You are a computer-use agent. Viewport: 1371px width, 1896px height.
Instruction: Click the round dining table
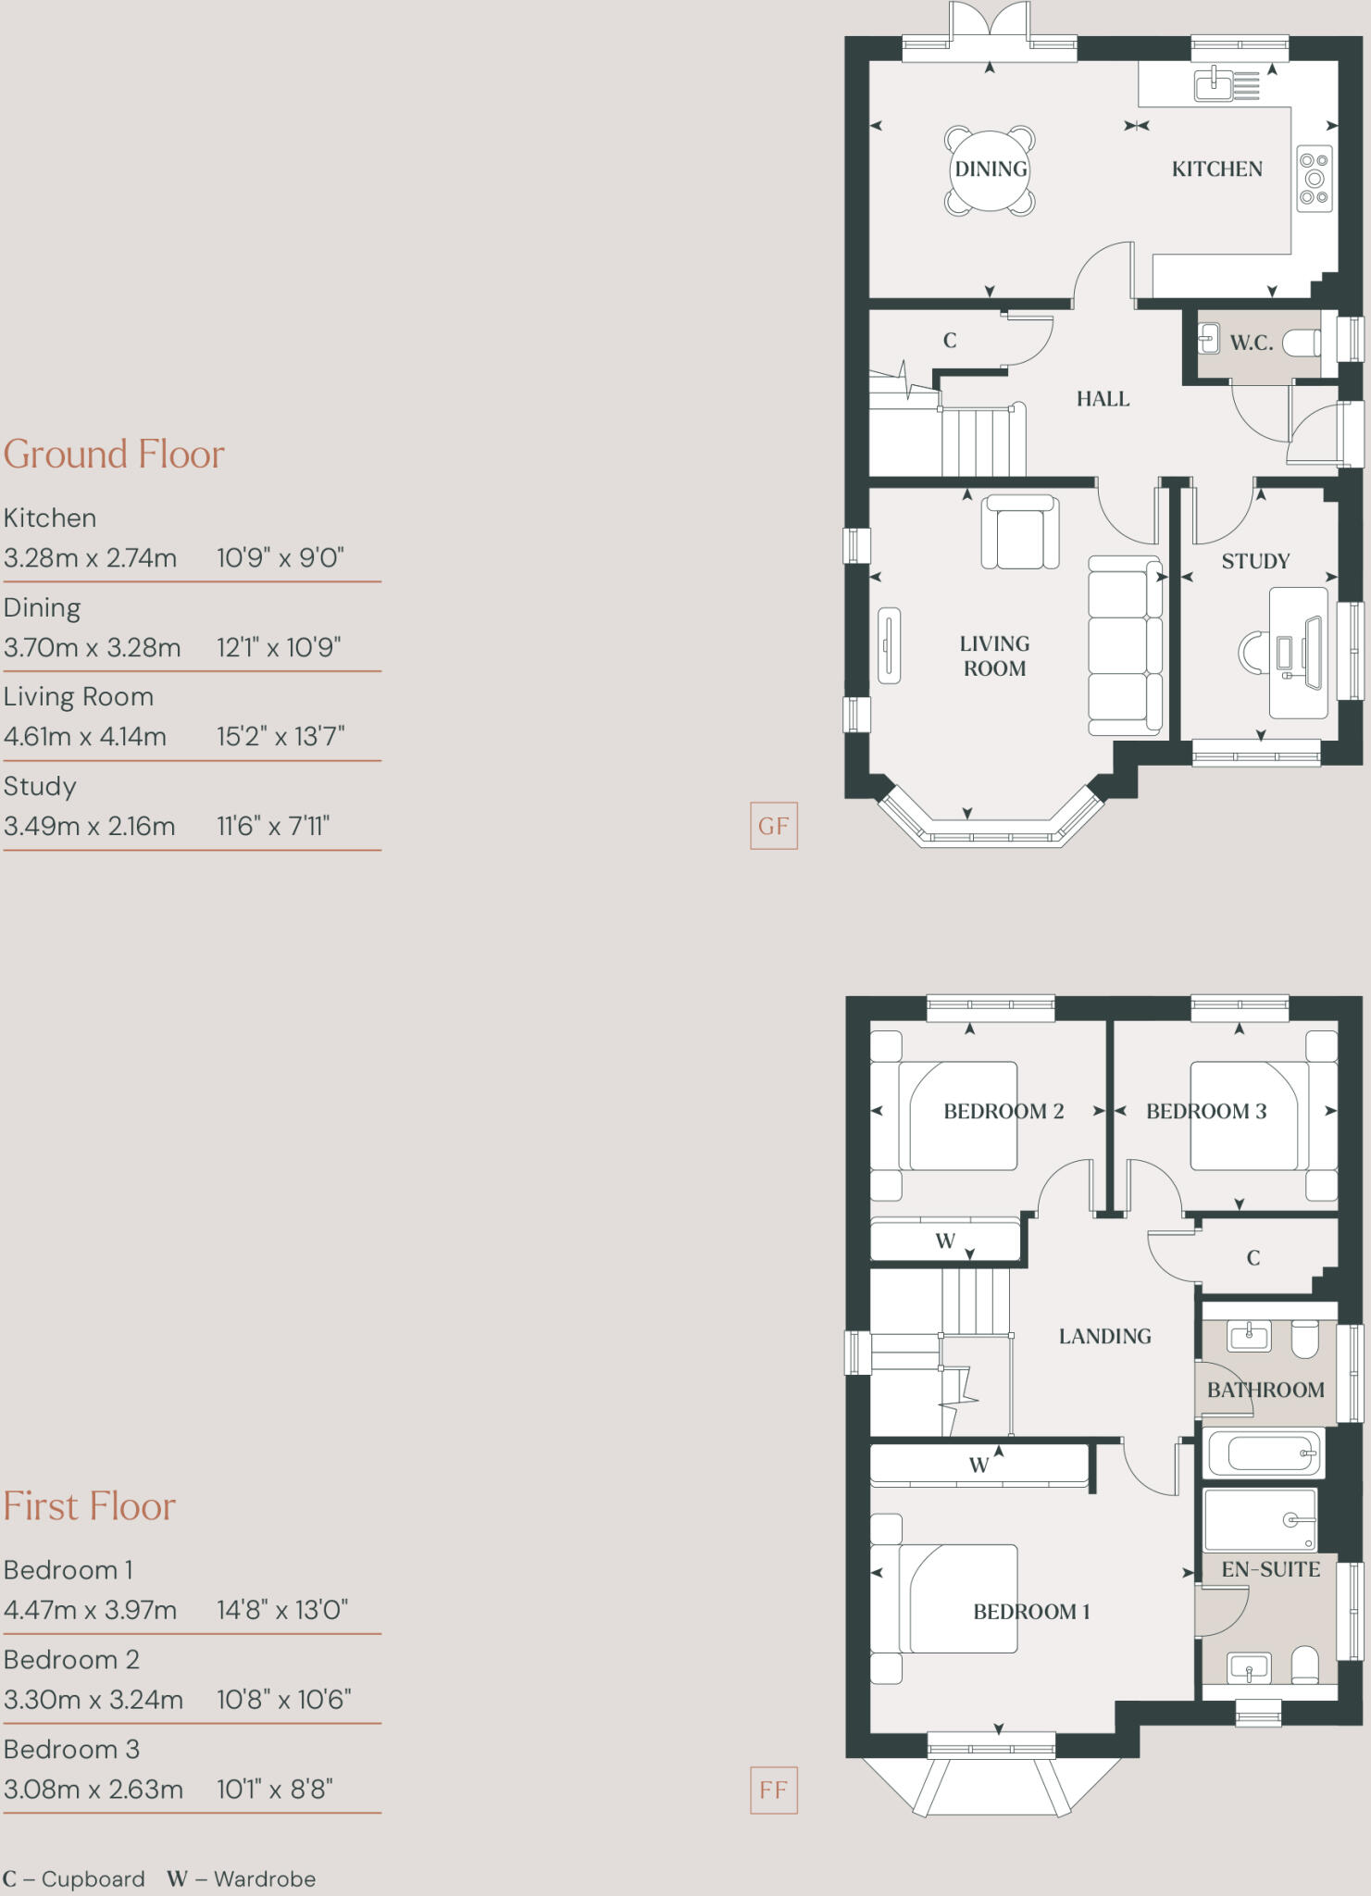tap(990, 169)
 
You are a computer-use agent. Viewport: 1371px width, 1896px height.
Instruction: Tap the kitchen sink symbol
tap(1214, 85)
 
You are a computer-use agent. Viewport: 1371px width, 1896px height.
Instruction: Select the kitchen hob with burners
tap(1314, 178)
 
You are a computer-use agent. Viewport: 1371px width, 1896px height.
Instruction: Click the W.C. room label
tap(1251, 343)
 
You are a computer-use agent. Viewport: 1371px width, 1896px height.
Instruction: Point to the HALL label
tap(1103, 399)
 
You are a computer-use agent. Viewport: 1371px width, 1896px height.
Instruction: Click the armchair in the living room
tap(1019, 533)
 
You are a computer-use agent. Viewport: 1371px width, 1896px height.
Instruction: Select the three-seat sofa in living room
tap(1125, 646)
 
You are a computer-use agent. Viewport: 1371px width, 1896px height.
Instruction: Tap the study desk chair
tap(1253, 652)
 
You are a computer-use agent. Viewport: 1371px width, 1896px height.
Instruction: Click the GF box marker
tap(773, 826)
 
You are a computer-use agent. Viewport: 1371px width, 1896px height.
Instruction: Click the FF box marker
tap(773, 1790)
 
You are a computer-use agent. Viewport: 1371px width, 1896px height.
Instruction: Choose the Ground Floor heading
tap(114, 455)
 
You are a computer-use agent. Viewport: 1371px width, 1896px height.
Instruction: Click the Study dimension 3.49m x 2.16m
tap(89, 826)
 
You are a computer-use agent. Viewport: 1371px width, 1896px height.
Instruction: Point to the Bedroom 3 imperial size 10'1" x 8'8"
tap(274, 1789)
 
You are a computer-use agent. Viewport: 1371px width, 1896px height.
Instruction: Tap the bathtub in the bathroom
tap(1264, 1453)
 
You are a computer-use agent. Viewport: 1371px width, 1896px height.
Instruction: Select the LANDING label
tap(1104, 1336)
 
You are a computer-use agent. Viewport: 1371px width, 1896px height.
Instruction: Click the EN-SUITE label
tap(1270, 1569)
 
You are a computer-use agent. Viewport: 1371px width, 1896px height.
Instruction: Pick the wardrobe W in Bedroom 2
tap(945, 1241)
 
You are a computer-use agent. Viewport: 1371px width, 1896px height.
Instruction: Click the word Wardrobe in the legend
tap(265, 1878)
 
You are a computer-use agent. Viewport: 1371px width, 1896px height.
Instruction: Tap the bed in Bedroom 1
tap(958, 1599)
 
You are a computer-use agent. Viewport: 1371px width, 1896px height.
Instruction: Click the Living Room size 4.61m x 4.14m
tap(85, 737)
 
